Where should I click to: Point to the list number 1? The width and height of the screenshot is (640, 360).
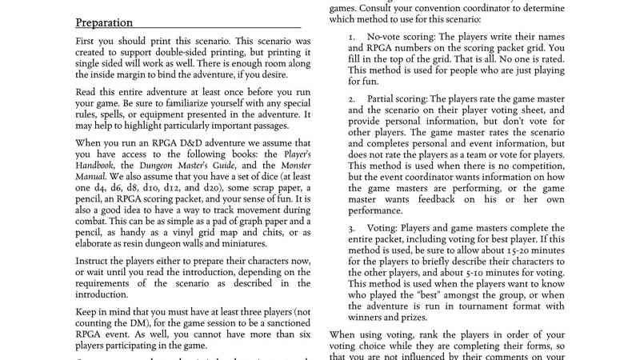[x=352, y=37]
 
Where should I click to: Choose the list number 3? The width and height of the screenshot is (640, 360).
[x=352, y=228]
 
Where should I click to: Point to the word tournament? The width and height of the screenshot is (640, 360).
[x=505, y=305]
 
